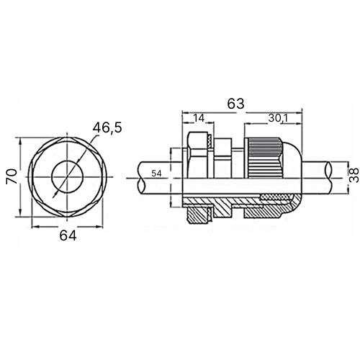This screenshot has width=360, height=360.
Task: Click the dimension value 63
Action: point(235,104)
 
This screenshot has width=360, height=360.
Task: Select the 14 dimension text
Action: point(199,118)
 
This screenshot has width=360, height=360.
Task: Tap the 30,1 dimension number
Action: point(278,118)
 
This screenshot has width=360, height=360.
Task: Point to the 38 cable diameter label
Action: point(354,175)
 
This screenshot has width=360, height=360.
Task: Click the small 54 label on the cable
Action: point(156,174)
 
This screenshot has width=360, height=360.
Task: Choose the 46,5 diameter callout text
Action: point(107,127)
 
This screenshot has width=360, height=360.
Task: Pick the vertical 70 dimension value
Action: point(12,176)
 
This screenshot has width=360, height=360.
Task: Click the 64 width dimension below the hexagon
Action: point(68,235)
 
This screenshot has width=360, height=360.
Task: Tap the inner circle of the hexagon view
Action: point(52,177)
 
